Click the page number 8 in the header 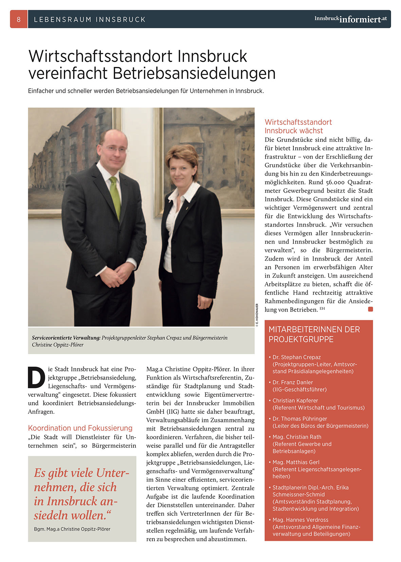[19, 19]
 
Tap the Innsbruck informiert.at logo [350, 19]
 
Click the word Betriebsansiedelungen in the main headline [194, 73]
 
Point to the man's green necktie [116, 197]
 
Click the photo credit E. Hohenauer [257, 315]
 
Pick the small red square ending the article [370, 309]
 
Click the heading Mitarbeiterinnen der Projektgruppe [314, 334]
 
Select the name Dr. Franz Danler [293, 382]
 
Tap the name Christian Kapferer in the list [295, 401]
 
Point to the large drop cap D [36, 377]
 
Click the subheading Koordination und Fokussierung [80, 428]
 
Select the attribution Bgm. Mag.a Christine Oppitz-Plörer [72, 529]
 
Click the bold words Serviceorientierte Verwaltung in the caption [66, 338]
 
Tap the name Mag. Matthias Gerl [296, 462]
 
